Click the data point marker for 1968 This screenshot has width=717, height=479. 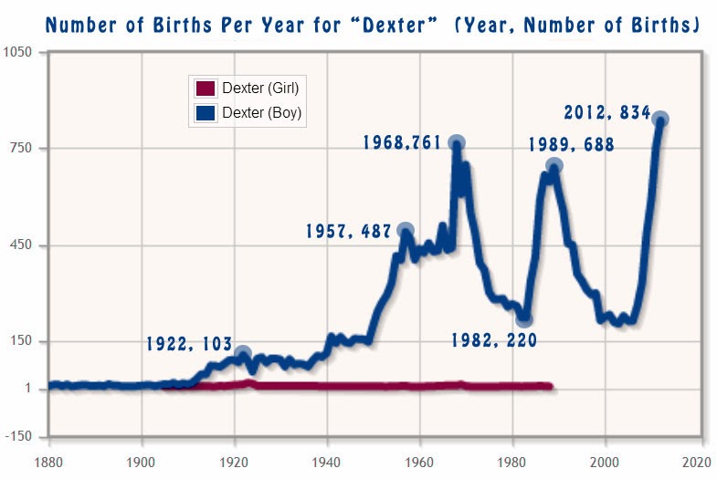click(457, 143)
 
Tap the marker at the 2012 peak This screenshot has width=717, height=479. click(660, 120)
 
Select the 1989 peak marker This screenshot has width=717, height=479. click(554, 166)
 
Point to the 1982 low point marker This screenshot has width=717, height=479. click(524, 319)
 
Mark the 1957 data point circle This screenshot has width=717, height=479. click(406, 231)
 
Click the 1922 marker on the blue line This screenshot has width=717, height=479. click(243, 353)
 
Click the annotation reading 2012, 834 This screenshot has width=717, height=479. click(606, 112)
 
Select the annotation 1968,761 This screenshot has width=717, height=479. click(402, 142)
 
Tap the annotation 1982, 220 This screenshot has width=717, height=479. click(494, 340)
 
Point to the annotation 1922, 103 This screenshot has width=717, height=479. click(189, 344)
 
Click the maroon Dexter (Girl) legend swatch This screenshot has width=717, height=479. click(206, 89)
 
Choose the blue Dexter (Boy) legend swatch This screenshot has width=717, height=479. click(206, 113)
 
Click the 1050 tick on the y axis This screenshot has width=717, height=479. click(18, 52)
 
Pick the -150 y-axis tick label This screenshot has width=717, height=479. click(19, 436)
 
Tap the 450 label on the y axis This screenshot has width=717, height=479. click(21, 245)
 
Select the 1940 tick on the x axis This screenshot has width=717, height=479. click(326, 463)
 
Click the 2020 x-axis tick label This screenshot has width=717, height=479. click(697, 463)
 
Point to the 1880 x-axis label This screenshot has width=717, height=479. click(48, 463)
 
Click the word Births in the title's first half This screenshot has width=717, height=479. click(182, 25)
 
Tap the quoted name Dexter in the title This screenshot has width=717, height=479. click(393, 25)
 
